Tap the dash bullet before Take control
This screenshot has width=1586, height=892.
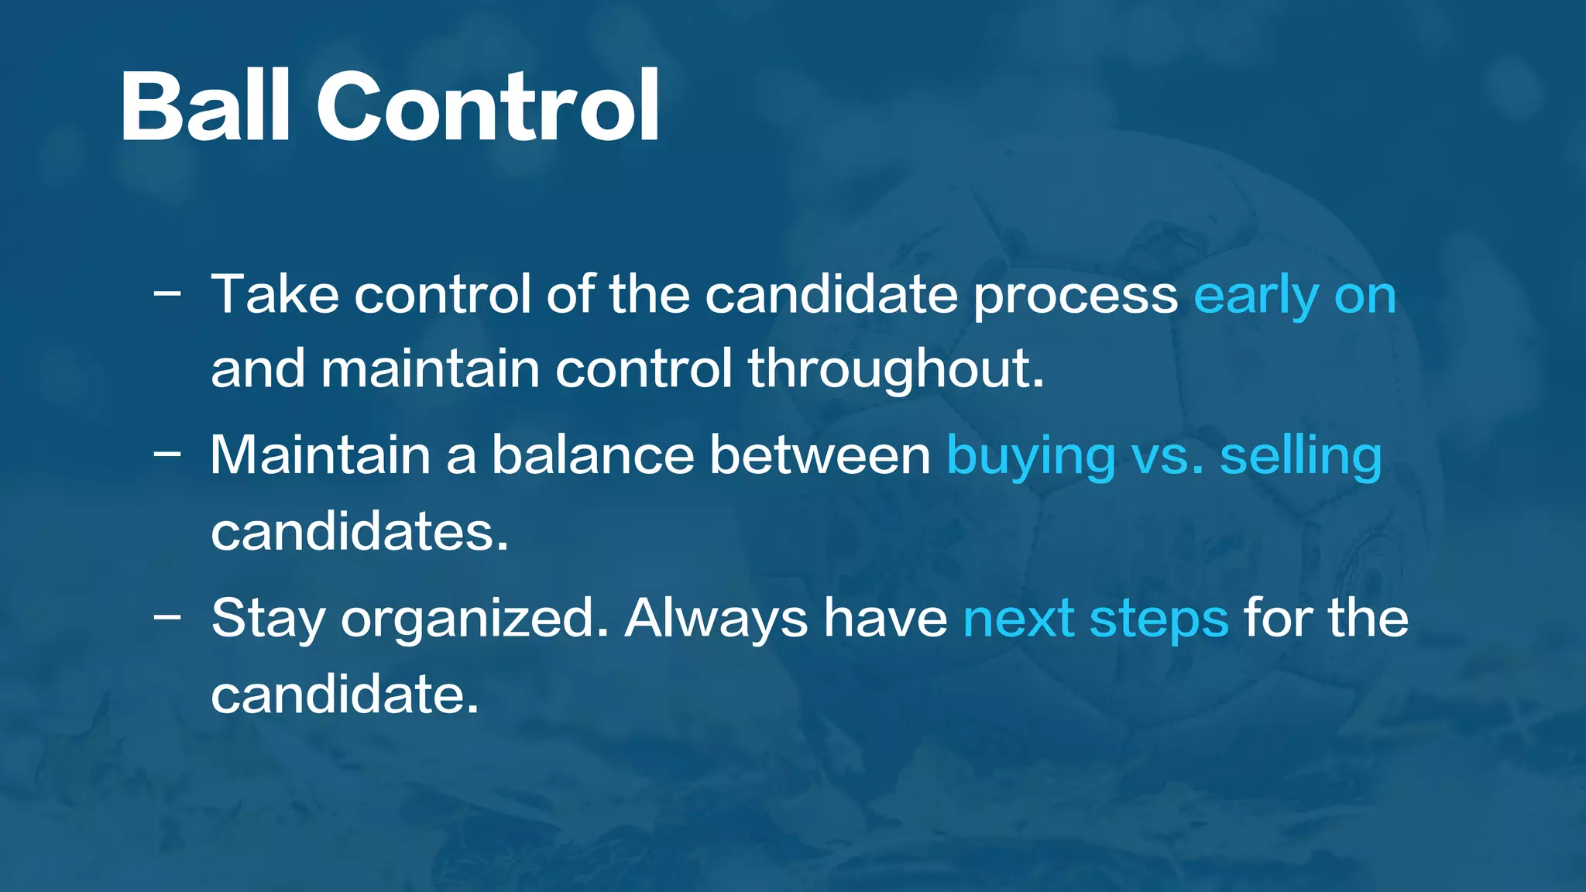[167, 294]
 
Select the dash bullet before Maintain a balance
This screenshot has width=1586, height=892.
[167, 455]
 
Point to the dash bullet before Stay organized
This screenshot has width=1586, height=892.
[167, 617]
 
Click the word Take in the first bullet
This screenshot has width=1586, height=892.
[275, 295]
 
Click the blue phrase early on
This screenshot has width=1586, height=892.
[1295, 297]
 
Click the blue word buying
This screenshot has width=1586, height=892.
[1031, 457]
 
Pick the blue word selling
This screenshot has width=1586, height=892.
[1301, 457]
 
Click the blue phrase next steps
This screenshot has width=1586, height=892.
[1096, 619]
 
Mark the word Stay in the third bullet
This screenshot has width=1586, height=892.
[268, 619]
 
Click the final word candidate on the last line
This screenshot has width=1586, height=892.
[344, 694]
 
